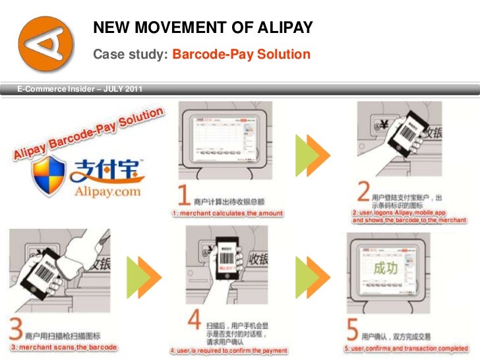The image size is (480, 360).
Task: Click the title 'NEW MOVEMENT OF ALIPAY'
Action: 202,28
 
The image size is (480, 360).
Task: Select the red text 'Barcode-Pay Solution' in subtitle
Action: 241,54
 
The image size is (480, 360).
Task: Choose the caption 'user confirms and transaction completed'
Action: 405,348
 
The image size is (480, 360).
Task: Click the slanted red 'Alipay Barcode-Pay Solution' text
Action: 86,135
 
